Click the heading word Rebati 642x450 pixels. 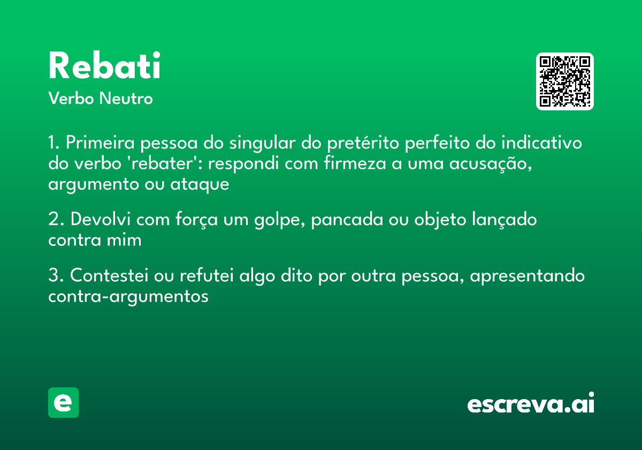pos(104,66)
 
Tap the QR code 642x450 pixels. pos(565,81)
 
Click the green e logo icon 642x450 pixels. pos(63,402)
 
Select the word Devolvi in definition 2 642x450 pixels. pos(102,220)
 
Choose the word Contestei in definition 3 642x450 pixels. pos(110,276)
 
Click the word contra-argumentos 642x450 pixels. pos(128,297)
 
